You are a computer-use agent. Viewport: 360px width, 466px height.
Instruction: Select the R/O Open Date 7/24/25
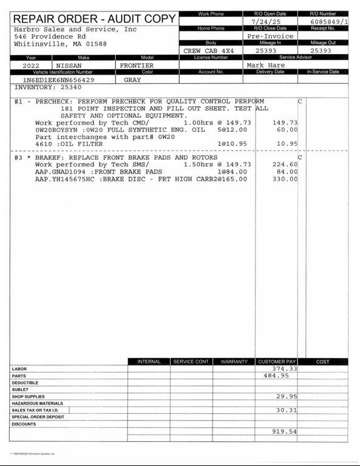[x=263, y=21]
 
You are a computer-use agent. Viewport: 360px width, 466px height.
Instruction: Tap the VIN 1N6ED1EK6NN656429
[x=58, y=79]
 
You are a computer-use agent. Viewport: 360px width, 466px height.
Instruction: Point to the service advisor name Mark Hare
[x=265, y=65]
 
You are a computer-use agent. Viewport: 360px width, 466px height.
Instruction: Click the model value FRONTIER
[x=137, y=65]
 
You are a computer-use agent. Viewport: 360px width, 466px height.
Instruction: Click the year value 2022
[x=32, y=65]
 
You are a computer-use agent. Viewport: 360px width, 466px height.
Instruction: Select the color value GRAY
[x=132, y=79]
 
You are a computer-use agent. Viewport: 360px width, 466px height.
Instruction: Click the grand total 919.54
[x=284, y=431]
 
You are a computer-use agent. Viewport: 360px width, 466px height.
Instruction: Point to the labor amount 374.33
[x=284, y=368]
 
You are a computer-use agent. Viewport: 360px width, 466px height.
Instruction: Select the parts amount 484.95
[x=276, y=376]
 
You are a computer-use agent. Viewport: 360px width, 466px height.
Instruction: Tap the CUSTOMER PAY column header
[x=276, y=362]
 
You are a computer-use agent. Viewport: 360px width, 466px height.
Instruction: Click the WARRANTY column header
[x=234, y=362]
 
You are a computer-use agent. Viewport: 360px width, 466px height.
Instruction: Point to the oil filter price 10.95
[x=287, y=144]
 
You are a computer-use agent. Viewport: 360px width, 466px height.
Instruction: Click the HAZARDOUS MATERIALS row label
[x=37, y=404]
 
